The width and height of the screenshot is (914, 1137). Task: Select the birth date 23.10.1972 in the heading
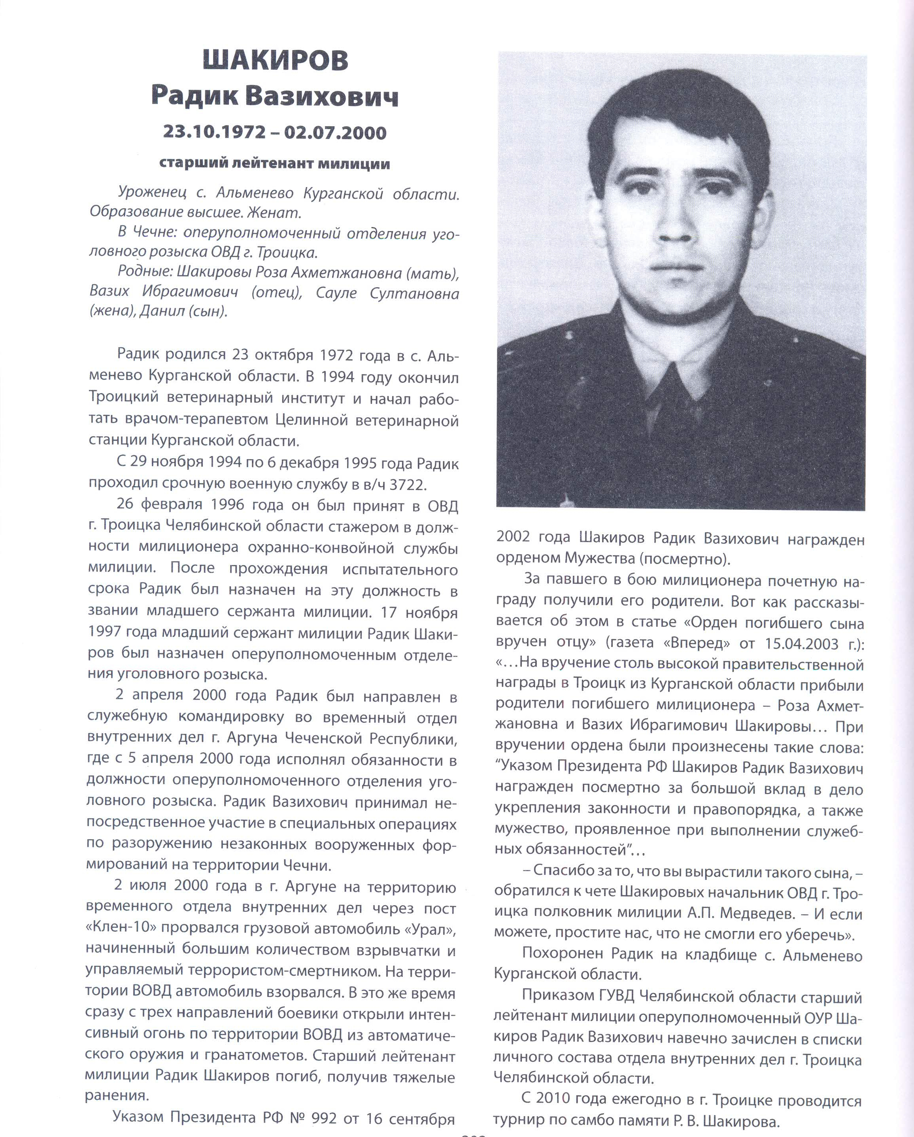coord(214,132)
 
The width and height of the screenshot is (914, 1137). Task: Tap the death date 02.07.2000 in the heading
coord(335,132)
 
